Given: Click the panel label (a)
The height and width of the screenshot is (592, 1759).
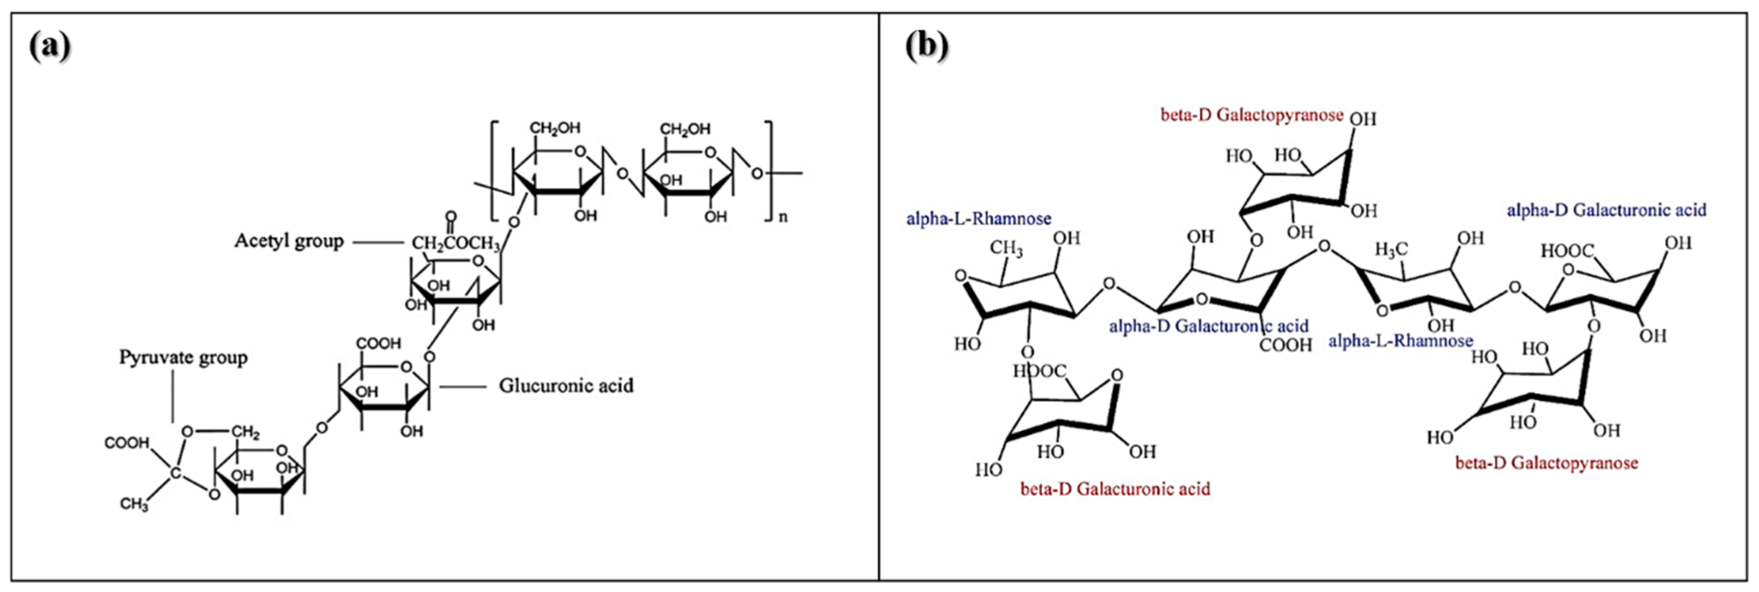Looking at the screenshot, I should (x=50, y=47).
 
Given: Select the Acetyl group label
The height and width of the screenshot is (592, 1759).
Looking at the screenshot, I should (x=289, y=241).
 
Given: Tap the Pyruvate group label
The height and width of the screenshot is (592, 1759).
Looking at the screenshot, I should (x=183, y=357).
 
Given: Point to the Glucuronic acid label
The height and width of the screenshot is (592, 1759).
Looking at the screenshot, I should (x=566, y=386).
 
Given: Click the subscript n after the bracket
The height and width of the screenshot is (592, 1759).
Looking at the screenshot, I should (x=783, y=217).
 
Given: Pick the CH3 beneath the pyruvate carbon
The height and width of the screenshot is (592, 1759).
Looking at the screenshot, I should (x=134, y=505).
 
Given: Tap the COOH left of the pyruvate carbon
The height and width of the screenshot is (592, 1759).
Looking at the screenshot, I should (x=127, y=443).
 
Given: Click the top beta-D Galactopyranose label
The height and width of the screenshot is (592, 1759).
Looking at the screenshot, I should (x=1252, y=115).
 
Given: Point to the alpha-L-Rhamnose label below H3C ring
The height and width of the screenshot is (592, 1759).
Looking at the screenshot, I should (x=1401, y=340).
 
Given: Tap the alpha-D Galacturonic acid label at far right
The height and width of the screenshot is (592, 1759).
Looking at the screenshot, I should (x=1606, y=210).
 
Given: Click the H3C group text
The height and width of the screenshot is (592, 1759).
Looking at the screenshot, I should (x=1390, y=250).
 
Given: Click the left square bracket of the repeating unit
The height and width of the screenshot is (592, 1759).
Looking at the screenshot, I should (x=494, y=171).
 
